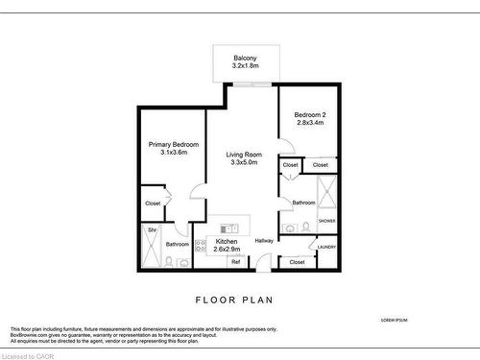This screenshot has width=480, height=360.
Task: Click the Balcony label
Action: coord(245,60)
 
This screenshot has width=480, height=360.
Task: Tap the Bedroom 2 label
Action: coord(309,114)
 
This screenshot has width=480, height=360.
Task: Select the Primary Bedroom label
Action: coord(173,144)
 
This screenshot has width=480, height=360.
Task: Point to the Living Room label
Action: coord(245,155)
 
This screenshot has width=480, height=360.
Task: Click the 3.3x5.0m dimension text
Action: coord(245,163)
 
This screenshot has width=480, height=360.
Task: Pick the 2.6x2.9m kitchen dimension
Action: coord(228,249)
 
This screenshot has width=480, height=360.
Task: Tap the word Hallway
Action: coord(265,240)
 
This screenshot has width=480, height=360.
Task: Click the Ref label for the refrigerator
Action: coord(234,261)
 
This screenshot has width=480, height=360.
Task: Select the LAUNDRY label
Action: coord(326,247)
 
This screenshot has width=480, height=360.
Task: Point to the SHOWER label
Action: coord(326,221)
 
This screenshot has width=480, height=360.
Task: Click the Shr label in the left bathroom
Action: coord(152,229)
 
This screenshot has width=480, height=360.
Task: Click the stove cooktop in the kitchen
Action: coord(201,245)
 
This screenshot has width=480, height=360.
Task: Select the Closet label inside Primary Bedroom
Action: coord(153,203)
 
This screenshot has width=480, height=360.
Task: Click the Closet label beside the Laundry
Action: coord(297,261)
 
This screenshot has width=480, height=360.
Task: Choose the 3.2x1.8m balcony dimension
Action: coord(245,68)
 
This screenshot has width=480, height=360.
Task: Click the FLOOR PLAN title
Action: coord(234,300)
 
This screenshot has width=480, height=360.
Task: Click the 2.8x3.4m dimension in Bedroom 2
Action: coord(309,123)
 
